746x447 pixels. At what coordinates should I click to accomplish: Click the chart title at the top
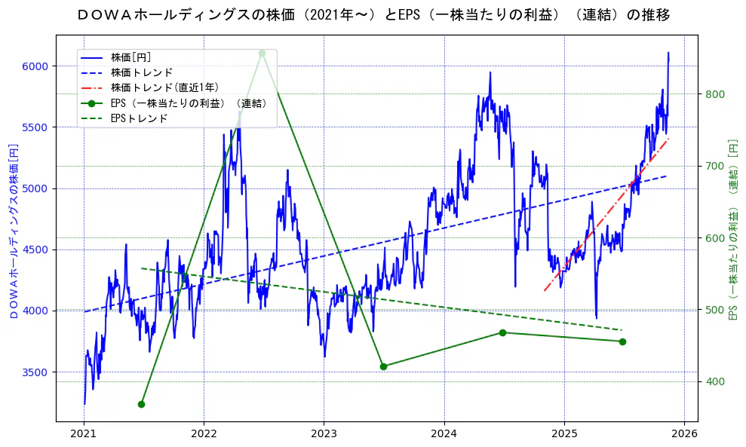[373, 15]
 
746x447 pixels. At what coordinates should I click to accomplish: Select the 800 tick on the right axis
[715, 94]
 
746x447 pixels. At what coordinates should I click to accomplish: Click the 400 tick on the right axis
[715, 382]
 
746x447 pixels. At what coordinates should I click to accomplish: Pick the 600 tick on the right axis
[715, 238]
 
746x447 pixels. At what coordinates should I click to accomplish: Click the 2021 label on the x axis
[84, 434]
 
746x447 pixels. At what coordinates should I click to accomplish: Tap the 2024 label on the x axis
[444, 434]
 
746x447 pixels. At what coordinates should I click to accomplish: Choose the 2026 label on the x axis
[684, 434]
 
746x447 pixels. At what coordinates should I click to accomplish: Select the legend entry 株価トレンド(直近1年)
[164, 87]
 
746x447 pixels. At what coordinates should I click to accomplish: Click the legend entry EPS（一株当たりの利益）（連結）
[189, 103]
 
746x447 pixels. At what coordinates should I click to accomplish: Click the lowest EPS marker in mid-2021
[141, 405]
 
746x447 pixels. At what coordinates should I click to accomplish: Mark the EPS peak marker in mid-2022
[262, 53]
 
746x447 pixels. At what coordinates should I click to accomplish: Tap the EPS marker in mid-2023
[383, 366]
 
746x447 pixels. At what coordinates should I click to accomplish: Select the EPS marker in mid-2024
[502, 332]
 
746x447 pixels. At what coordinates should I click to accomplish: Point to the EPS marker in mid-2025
[622, 341]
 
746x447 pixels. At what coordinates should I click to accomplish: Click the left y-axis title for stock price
[14, 230]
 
